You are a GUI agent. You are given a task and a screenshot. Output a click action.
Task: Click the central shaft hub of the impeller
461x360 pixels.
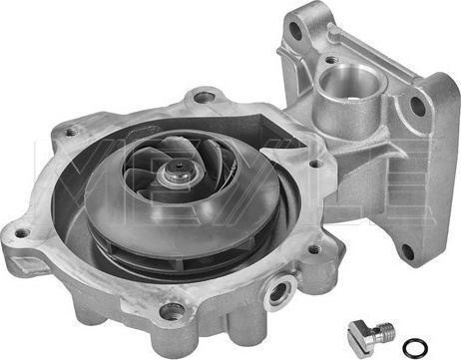[x=179, y=172]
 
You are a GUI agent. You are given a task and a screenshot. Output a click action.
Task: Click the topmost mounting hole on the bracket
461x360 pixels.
[x=295, y=30]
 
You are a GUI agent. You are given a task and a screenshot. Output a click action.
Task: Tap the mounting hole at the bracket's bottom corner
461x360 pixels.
[x=408, y=251]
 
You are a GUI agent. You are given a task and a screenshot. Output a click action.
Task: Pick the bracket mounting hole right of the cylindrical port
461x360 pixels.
[x=417, y=106]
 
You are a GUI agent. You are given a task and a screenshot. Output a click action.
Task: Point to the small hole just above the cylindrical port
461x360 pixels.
[x=330, y=60]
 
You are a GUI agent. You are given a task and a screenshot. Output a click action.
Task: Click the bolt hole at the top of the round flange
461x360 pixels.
[x=203, y=97]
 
